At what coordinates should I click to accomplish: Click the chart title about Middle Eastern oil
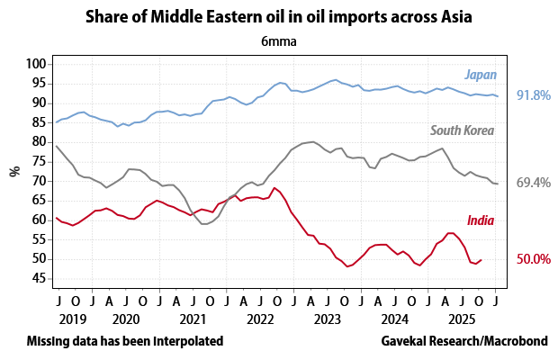pyautogui.click(x=279, y=16)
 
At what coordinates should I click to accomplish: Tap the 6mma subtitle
pyautogui.click(x=279, y=40)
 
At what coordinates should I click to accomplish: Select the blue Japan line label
pyautogui.click(x=481, y=75)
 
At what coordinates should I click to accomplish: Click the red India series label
pyautogui.click(x=481, y=220)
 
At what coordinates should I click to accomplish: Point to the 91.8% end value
pyautogui.click(x=533, y=95)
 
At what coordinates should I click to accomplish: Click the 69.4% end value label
pyautogui.click(x=533, y=183)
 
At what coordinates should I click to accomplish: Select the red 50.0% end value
pyautogui.click(x=533, y=259)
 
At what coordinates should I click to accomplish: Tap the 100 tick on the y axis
pyautogui.click(x=35, y=64)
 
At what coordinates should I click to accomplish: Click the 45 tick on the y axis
pyautogui.click(x=39, y=278)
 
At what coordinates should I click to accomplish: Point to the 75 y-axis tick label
pyautogui.click(x=39, y=161)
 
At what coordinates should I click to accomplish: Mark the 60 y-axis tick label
pyautogui.click(x=39, y=220)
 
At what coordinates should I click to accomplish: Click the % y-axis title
pyautogui.click(x=14, y=171)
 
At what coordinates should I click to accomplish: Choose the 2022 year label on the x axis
pyautogui.click(x=258, y=319)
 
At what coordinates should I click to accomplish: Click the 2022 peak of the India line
pyautogui.click(x=274, y=188)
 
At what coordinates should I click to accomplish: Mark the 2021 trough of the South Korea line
pyautogui.click(x=205, y=223)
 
